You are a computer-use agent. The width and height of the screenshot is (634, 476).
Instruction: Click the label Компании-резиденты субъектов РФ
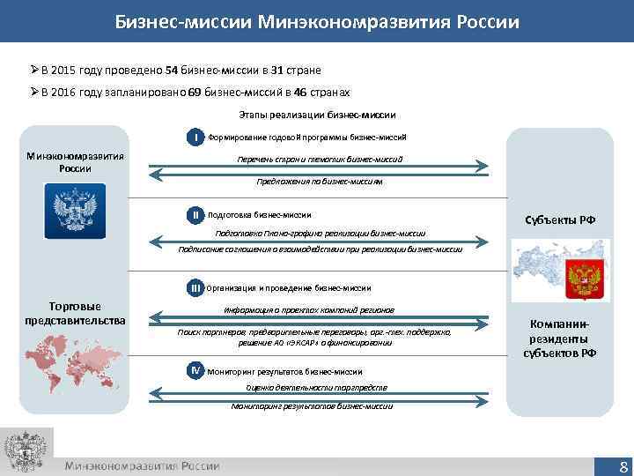(560, 338)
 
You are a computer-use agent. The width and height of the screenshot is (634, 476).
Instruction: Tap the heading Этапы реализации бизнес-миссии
(317, 115)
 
